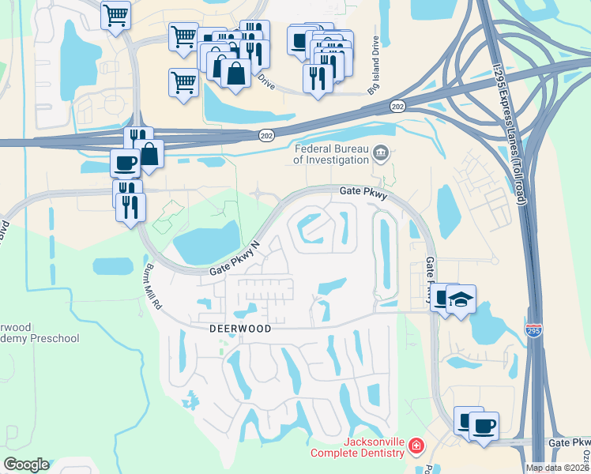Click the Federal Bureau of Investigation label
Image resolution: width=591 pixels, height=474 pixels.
tap(331, 153)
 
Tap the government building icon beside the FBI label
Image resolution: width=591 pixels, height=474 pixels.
tap(382, 152)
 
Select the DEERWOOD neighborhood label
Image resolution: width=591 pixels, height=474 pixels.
tap(240, 329)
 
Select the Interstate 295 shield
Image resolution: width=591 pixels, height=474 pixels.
tap(534, 329)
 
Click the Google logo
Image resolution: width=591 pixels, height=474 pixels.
tap(25, 465)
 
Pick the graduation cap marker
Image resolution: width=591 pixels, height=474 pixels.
tap(460, 300)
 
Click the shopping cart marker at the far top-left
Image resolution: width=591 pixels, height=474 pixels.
tap(116, 14)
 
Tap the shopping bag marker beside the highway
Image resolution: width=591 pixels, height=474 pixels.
tap(148, 154)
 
